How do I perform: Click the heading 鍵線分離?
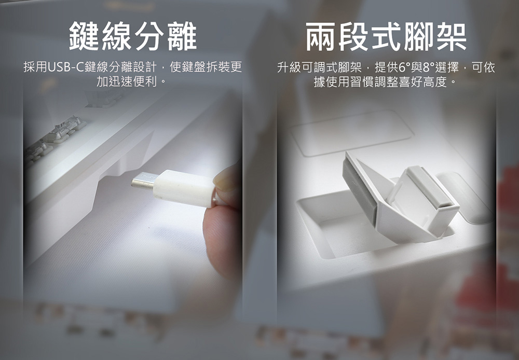133,36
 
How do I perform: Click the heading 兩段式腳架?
386,37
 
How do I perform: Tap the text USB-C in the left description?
66,67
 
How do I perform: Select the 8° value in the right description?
428,67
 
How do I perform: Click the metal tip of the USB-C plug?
143,182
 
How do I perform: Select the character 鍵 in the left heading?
84,36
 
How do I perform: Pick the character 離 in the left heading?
182,36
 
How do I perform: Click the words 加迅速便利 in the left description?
126,81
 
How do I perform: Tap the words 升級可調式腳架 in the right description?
319,67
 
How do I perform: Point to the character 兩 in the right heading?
321,37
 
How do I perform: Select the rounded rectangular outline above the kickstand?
351,133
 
